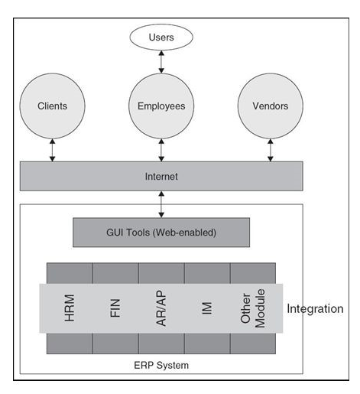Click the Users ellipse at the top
pos(161,37)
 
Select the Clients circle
pos(52,106)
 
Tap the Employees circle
pos(161,106)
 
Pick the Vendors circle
pos(271,106)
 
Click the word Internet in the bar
pos(161,177)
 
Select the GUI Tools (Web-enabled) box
pos(161,233)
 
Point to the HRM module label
pos(70,308)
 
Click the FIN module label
pos(115,308)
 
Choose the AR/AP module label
pos(161,308)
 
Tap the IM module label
pos(207,308)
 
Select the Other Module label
pos(253,308)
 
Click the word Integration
pos(315,309)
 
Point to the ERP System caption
pos(161,365)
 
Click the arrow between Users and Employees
pos(161,62)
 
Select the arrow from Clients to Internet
pos(52,150)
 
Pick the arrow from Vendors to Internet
pos(271,150)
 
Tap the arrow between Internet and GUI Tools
pos(161,204)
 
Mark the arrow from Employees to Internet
pos(161,150)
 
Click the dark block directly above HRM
pos(70,273)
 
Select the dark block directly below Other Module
pos(253,344)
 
